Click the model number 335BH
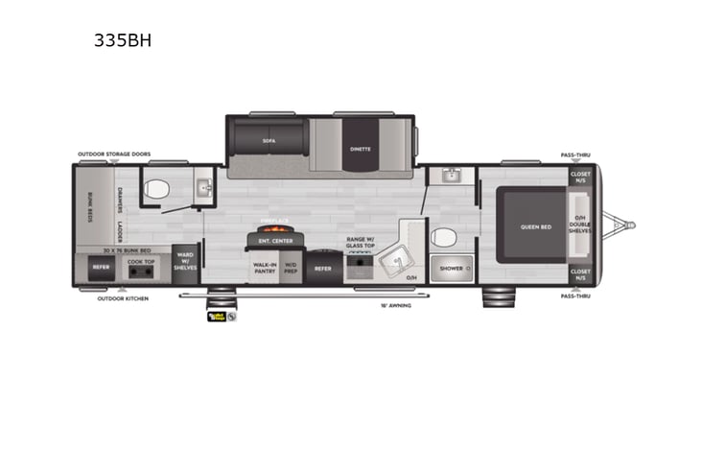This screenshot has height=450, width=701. [122, 40]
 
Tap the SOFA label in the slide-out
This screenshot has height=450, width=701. [269, 140]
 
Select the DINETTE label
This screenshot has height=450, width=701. [361, 150]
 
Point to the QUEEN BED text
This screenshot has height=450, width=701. [535, 226]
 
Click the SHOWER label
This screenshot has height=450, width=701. [450, 269]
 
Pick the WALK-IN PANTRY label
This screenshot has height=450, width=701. [265, 269]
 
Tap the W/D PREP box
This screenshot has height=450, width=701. [292, 269]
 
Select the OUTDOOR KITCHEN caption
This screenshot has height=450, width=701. [122, 297]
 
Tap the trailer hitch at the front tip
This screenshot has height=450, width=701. [629, 226]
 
